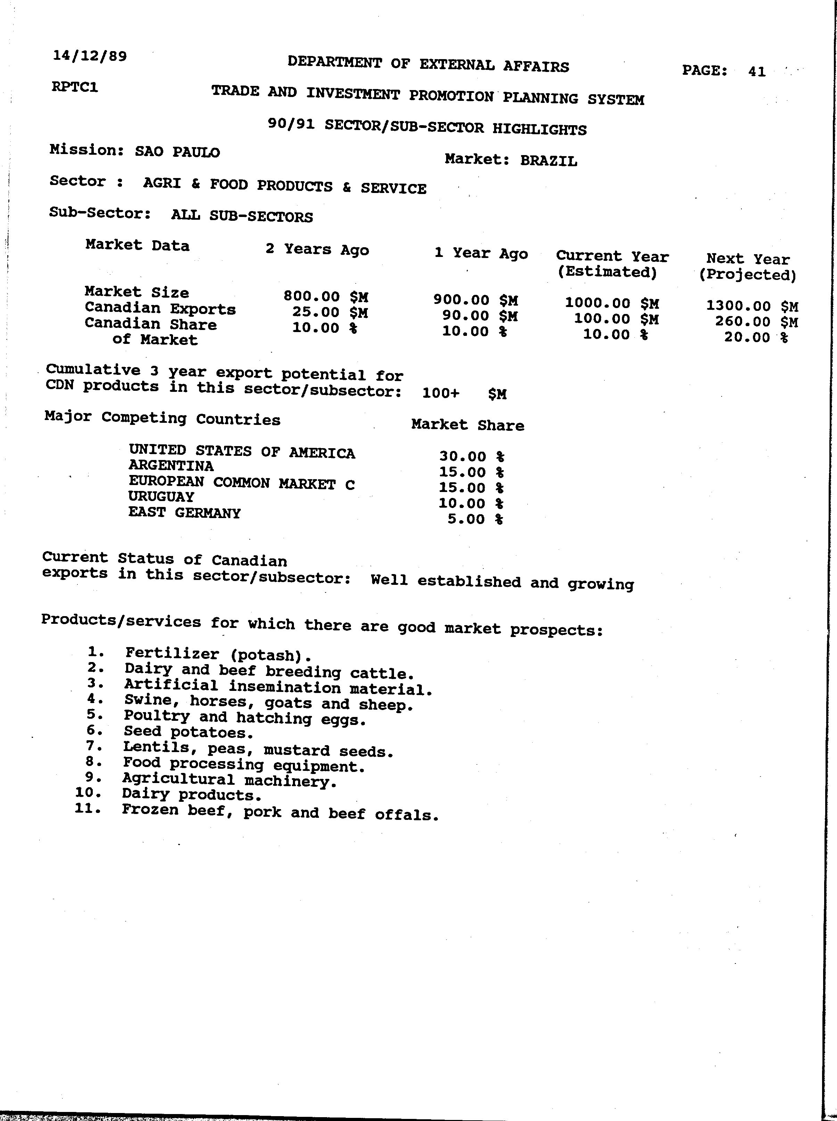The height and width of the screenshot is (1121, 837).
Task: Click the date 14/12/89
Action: pyautogui.click(x=90, y=56)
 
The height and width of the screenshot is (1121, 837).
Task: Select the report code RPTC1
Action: pyautogui.click(x=75, y=87)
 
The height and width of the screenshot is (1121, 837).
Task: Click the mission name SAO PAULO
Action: pyautogui.click(x=177, y=152)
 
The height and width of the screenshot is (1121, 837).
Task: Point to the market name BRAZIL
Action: pyautogui.click(x=548, y=161)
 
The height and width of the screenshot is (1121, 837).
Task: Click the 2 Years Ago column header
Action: pyautogui.click(x=317, y=250)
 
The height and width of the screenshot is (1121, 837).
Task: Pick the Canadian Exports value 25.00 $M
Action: pyautogui.click(x=330, y=312)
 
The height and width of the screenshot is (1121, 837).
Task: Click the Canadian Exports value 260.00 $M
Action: pyautogui.click(x=756, y=322)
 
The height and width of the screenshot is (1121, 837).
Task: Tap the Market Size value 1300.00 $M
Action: pyautogui.click(x=752, y=306)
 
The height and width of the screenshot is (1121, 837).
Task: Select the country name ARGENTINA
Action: pyautogui.click(x=171, y=466)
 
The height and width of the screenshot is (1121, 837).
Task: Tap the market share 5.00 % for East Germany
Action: pyautogui.click(x=475, y=519)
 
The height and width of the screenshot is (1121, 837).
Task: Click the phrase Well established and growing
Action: pyautogui.click(x=502, y=582)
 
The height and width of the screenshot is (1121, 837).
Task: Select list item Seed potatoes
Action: pyautogui.click(x=188, y=732)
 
